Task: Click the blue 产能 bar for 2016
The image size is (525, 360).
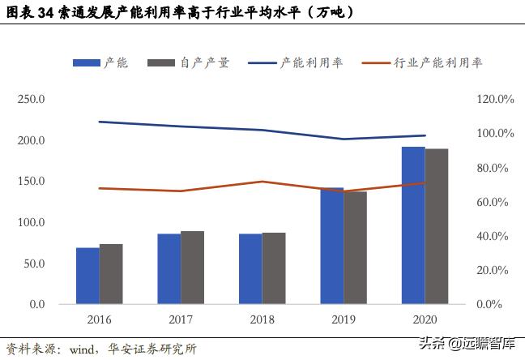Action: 87,276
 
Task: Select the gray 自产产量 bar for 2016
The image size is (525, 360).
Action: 111,274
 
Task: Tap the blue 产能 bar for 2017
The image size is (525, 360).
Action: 169,268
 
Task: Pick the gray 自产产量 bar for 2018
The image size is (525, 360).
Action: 274,268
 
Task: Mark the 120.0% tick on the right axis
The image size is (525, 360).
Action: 495,100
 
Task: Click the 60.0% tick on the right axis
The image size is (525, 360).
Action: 495,202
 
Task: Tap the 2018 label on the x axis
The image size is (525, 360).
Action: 262,320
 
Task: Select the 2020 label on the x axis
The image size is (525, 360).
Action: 425,320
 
